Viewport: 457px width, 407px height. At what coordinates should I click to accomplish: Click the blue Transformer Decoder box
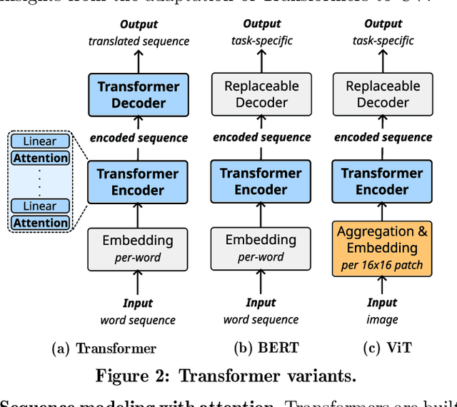click(138, 95)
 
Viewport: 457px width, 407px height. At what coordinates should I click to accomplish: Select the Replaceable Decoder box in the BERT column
click(261, 94)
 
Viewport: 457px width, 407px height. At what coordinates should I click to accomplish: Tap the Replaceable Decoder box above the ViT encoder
click(383, 94)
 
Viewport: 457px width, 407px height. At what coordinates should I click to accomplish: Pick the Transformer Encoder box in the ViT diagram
click(383, 181)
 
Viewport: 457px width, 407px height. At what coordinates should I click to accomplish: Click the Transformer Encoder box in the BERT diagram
click(261, 181)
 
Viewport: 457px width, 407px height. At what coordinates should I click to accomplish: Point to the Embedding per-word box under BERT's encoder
click(261, 248)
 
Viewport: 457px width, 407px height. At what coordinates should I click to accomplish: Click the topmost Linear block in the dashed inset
click(41, 141)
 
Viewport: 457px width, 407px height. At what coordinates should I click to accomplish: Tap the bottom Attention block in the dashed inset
click(41, 222)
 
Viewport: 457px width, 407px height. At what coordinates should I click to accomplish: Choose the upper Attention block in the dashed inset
click(41, 157)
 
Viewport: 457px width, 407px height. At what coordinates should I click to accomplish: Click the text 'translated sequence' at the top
click(139, 41)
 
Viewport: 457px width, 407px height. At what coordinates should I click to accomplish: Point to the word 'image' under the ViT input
click(383, 319)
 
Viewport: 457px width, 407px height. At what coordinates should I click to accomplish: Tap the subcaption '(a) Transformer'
click(104, 349)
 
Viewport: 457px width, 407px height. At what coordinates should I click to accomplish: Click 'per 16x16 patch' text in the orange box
click(383, 266)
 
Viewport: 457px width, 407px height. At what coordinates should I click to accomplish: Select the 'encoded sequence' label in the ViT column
click(383, 137)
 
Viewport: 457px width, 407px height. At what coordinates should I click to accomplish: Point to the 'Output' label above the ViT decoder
click(383, 24)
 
